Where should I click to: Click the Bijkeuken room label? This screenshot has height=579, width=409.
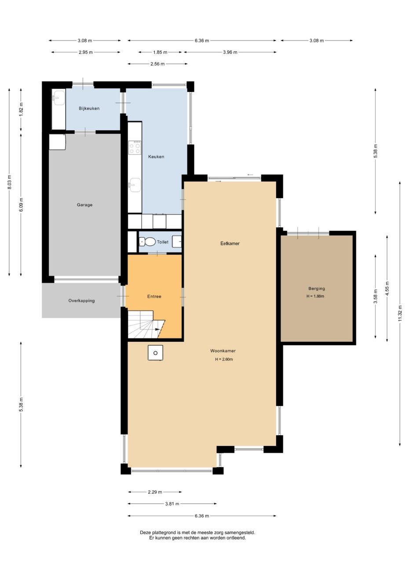(89, 108)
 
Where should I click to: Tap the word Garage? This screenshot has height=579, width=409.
(84, 205)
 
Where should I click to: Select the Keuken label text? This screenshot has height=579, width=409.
(156, 157)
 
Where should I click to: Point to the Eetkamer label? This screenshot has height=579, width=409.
(230, 243)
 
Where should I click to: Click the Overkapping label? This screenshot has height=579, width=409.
(81, 301)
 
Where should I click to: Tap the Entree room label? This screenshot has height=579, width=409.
(154, 296)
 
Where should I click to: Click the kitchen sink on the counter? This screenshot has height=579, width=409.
(135, 185)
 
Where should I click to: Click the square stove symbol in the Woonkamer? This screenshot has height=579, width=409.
(155, 353)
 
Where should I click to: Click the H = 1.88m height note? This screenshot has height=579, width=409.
(316, 296)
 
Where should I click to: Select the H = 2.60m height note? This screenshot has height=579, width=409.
(224, 359)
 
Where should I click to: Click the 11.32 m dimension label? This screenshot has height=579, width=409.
(400, 313)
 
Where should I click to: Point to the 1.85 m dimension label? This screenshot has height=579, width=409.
(160, 52)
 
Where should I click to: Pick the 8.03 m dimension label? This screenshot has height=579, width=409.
(9, 182)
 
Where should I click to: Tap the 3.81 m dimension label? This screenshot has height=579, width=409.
(172, 504)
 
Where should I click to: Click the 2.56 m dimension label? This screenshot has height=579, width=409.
(157, 64)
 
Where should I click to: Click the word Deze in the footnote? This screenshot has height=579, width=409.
(146, 532)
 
